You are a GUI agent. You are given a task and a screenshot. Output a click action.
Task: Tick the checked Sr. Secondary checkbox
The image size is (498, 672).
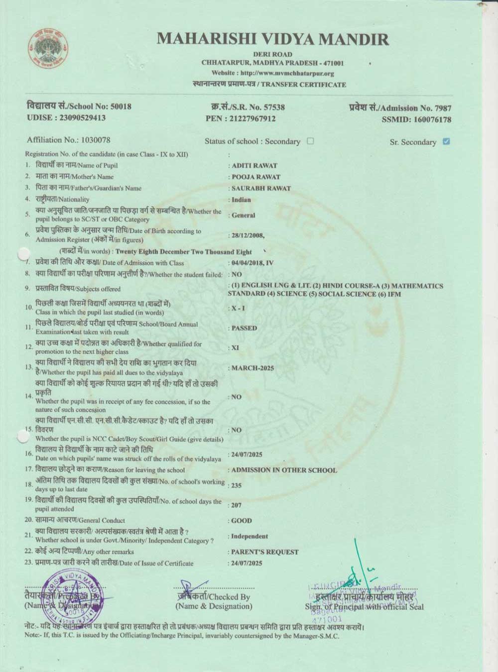coord(446,141)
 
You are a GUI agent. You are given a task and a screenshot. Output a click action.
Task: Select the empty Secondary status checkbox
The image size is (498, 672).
coord(310,141)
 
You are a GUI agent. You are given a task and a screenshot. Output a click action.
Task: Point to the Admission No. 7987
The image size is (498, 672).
coord(443,108)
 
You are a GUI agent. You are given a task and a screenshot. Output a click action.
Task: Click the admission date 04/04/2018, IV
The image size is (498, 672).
coord(252,263)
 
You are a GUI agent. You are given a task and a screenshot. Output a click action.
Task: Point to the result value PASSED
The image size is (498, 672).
coord(244,329)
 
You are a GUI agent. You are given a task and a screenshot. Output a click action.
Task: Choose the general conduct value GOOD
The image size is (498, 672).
coord(242,521)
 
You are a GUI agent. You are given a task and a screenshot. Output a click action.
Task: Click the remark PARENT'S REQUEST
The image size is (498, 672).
coord(265,552)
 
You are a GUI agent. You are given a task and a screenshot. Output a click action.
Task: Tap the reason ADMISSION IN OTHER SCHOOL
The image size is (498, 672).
coord(284,470)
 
